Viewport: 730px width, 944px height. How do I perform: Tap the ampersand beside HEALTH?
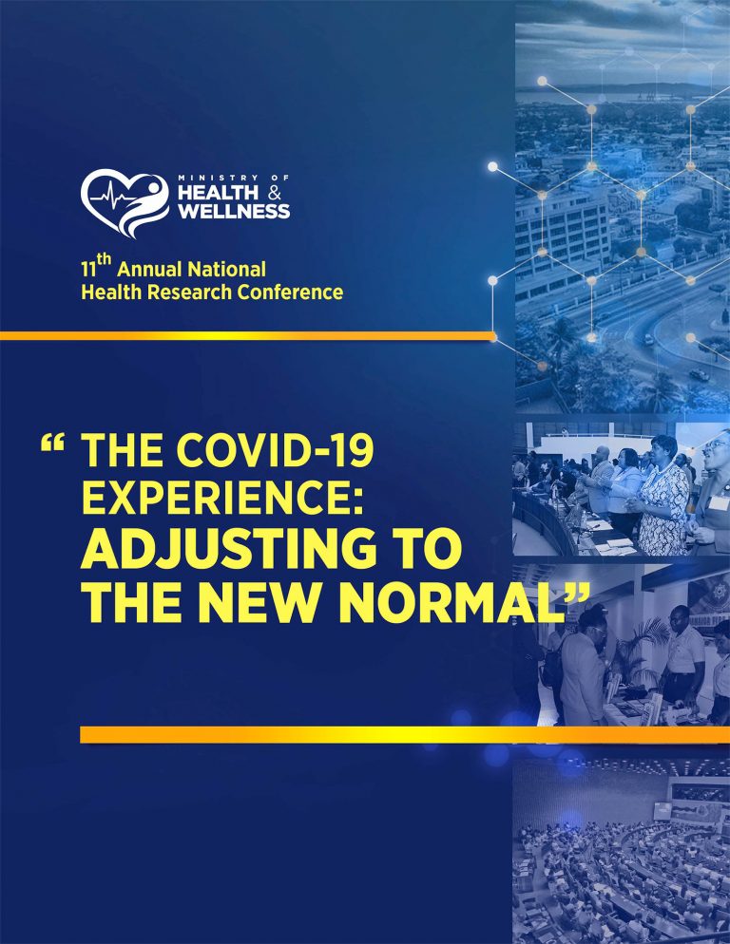(x=275, y=193)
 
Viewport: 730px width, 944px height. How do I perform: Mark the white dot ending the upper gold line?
(x=492, y=335)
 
